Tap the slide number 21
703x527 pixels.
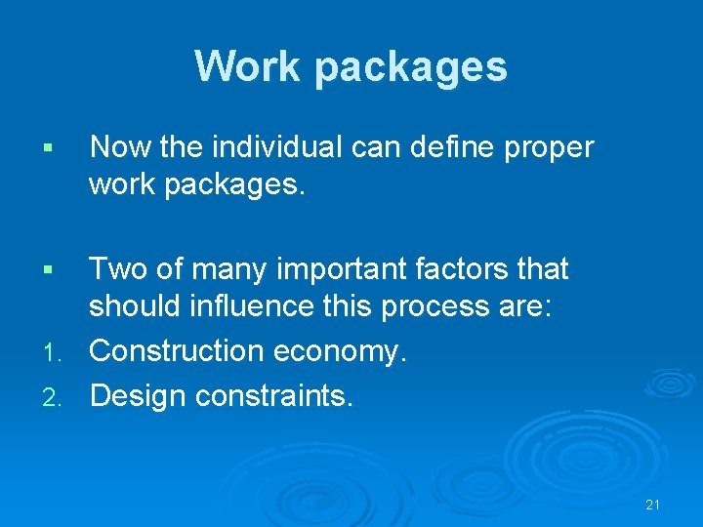point(653,505)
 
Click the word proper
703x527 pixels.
point(550,149)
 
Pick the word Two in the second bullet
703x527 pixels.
point(118,269)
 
